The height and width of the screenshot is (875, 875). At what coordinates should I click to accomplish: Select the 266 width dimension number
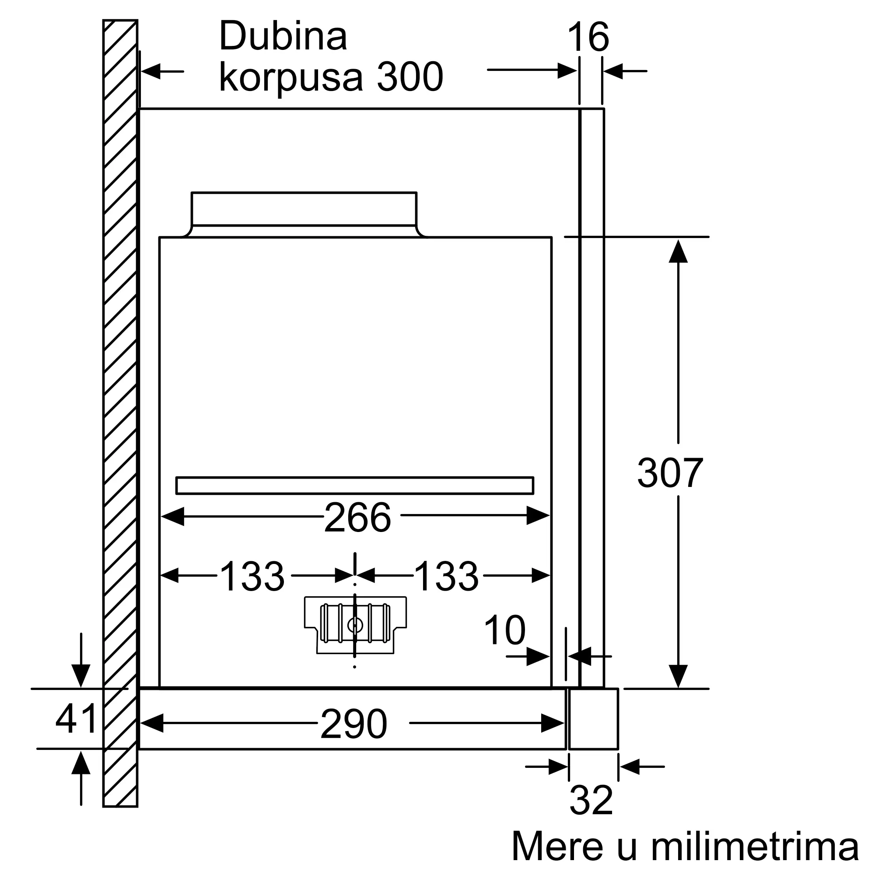click(357, 518)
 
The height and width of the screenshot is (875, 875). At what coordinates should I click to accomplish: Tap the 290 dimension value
click(353, 724)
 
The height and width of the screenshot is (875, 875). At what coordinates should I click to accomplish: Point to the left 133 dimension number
click(252, 576)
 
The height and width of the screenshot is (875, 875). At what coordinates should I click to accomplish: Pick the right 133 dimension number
click(446, 576)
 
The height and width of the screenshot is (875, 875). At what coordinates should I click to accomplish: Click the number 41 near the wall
click(76, 718)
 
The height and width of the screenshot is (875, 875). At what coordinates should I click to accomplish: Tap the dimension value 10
click(504, 630)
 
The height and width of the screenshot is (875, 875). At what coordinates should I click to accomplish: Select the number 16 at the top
click(588, 37)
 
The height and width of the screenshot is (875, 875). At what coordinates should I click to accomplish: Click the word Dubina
click(283, 36)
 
